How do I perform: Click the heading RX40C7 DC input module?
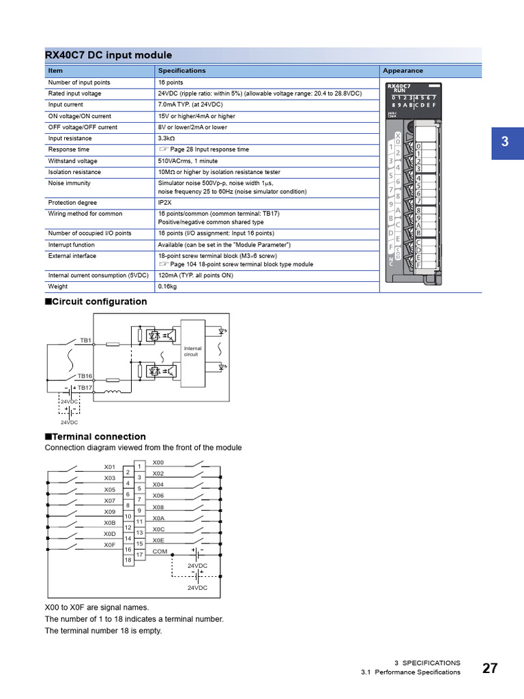108,55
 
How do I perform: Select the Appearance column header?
403,70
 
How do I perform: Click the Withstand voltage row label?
72,161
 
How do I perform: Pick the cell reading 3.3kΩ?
166,139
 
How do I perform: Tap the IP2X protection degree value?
165,203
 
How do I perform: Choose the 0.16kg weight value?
167,287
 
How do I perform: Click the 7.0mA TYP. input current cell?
188,104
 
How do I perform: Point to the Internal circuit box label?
192,352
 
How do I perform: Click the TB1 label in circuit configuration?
85,339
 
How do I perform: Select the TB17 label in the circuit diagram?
85,388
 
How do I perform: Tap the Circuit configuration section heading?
96,302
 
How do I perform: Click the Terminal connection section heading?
95,437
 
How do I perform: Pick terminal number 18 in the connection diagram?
128,560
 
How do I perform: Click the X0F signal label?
109,545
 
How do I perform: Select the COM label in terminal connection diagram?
160,551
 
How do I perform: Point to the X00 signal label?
158,462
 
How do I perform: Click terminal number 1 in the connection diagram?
139,466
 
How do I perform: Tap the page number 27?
490,668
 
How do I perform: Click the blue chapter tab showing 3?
504,143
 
